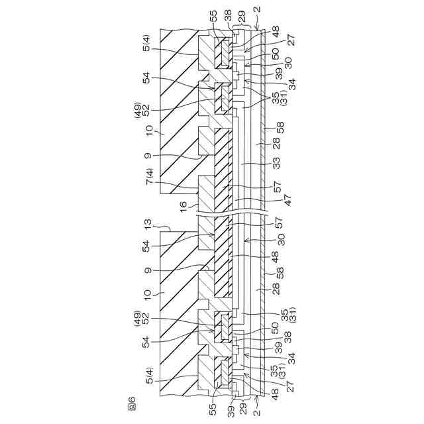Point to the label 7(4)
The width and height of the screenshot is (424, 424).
click(149, 177)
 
